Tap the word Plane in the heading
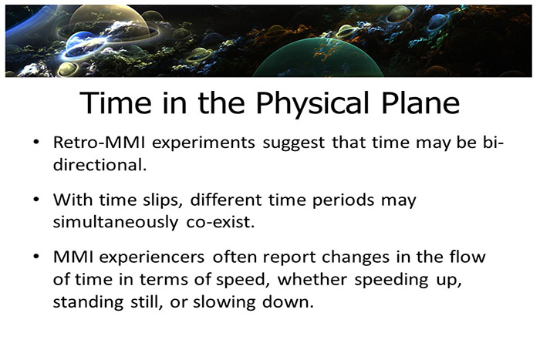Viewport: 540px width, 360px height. [419, 104]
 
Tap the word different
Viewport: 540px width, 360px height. [231, 200]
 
